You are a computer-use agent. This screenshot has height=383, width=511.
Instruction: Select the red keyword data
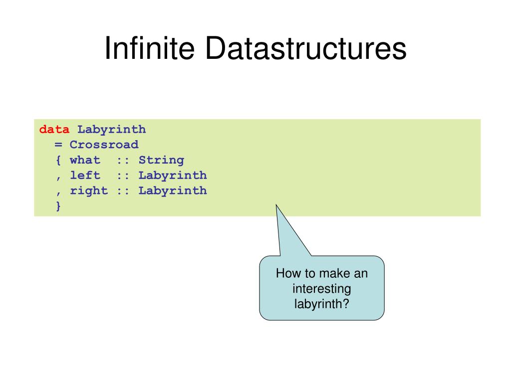click(54, 130)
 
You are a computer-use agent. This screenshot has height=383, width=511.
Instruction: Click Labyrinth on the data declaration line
click(111, 130)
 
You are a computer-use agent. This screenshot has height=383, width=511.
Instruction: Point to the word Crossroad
click(104, 145)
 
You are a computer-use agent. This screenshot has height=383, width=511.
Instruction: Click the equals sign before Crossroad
click(58, 145)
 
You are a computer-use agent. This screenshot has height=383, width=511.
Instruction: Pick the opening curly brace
click(58, 161)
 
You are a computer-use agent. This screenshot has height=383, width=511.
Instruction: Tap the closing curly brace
click(58, 205)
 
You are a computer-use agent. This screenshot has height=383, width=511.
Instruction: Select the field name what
click(85, 161)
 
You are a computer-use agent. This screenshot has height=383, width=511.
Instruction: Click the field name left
click(85, 176)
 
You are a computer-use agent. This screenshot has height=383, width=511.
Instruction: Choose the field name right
click(89, 191)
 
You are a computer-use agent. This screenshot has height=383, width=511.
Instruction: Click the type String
click(161, 161)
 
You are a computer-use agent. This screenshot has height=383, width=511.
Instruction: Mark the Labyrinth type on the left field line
click(173, 176)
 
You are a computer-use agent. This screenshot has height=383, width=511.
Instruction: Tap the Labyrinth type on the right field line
click(173, 191)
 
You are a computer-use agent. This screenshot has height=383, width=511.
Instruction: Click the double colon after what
click(123, 161)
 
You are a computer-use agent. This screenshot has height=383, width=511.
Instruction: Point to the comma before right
click(58, 192)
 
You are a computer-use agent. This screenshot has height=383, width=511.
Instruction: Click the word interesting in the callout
click(322, 289)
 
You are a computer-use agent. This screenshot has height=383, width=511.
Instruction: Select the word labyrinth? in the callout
click(322, 303)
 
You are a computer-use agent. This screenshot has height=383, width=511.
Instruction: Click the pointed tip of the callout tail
click(276, 204)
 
